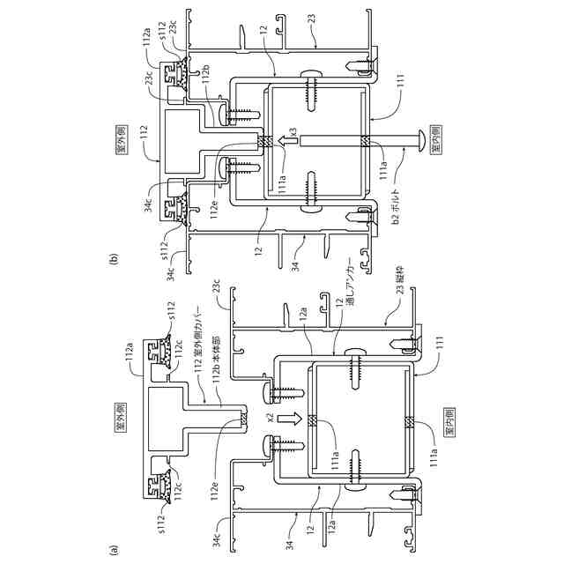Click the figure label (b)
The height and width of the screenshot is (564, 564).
(x=113, y=261)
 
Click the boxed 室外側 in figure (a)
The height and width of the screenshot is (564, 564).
(x=121, y=412)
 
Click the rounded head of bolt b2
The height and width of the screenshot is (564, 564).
(x=422, y=139)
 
